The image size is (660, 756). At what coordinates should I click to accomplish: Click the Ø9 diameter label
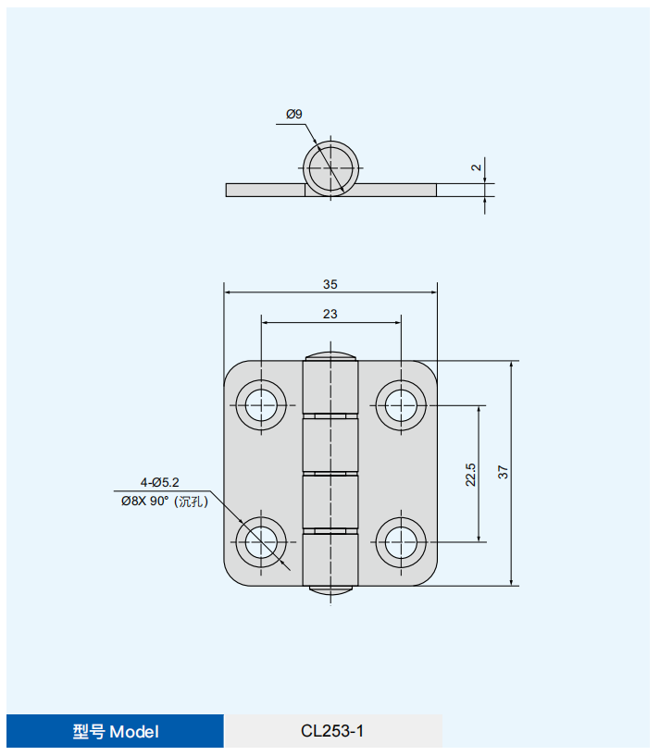click(x=293, y=114)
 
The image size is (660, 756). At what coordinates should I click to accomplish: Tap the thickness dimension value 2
click(x=476, y=167)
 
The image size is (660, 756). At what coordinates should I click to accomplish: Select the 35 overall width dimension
click(x=330, y=284)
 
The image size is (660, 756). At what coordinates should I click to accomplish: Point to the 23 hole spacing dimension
click(x=330, y=314)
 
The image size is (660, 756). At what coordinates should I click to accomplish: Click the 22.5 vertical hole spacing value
click(x=470, y=475)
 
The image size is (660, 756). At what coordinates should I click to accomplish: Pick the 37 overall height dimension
click(x=503, y=472)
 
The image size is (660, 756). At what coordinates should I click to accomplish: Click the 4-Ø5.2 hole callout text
click(x=160, y=482)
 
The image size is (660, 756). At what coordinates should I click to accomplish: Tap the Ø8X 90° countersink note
click(x=165, y=502)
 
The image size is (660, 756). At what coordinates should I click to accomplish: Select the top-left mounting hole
click(x=261, y=405)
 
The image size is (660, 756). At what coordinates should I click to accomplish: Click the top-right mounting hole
click(x=401, y=405)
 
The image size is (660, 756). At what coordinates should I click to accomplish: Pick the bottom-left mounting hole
click(x=261, y=542)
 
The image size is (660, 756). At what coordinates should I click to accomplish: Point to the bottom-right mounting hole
click(x=401, y=542)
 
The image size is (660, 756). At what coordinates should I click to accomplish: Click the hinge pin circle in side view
click(x=330, y=168)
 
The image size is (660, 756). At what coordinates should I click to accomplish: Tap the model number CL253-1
click(x=332, y=731)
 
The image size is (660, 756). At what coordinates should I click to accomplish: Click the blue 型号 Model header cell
click(x=116, y=731)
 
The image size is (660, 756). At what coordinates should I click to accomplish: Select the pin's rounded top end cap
click(x=330, y=356)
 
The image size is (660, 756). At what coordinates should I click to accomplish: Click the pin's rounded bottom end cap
click(x=330, y=590)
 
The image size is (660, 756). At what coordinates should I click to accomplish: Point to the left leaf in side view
click(x=266, y=190)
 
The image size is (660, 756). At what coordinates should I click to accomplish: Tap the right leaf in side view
click(x=396, y=190)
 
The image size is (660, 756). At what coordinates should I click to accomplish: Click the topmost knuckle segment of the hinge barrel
click(x=330, y=387)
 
